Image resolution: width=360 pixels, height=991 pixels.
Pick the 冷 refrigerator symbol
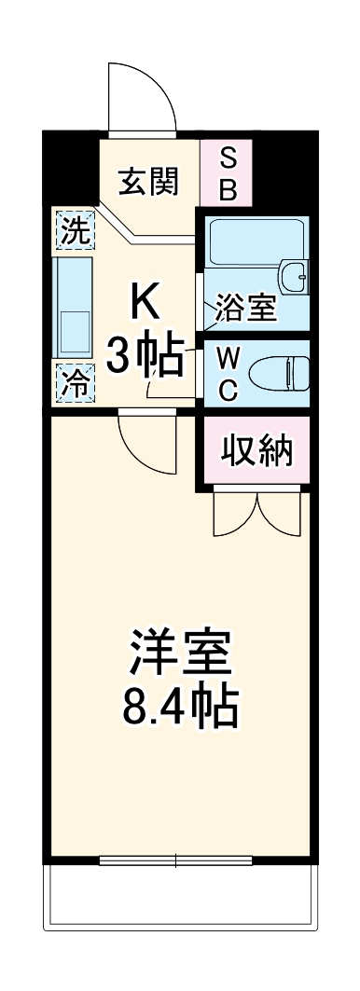(75, 382)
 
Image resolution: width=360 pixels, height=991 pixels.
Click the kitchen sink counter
(75, 305)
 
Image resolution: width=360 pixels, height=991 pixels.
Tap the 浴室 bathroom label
(246, 309)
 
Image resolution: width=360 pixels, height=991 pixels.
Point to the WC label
(228, 373)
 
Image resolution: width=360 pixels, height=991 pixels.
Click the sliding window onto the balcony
(177, 859)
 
